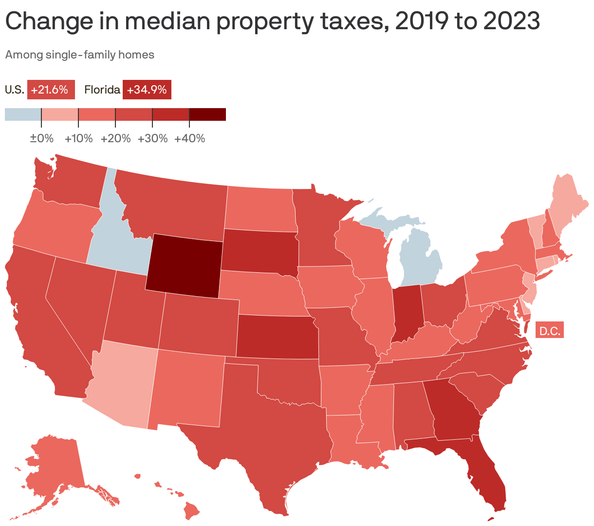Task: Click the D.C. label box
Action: coord(550,331)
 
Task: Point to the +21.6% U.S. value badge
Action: coord(51,90)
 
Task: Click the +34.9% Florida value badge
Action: coord(147,90)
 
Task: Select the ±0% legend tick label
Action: coord(41,139)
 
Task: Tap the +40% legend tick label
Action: coord(189,139)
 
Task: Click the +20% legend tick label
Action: coord(115,139)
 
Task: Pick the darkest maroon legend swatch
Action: coord(207,114)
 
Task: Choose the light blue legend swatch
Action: coord(23,114)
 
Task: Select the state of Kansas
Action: coord(278,336)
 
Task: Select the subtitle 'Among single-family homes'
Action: coord(80,55)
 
